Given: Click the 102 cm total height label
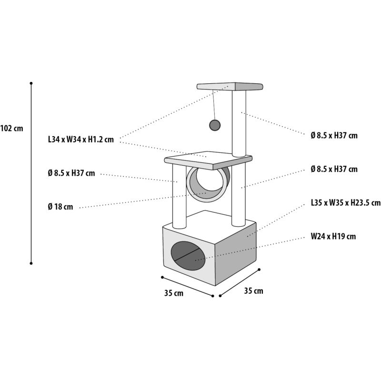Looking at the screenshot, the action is tap(11, 128).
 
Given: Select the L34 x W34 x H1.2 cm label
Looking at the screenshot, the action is tap(81, 139).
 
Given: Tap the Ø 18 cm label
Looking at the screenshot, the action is tap(60, 207).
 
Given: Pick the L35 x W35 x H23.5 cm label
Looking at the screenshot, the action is tap(346, 202).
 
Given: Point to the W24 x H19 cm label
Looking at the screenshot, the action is tap(333, 236).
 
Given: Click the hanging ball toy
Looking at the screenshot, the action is tap(215, 125).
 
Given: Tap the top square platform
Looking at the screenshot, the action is tap(230, 87).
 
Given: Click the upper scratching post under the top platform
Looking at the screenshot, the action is tap(239, 123).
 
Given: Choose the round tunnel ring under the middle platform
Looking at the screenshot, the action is tap(208, 184).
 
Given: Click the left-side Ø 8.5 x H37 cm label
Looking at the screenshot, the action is tap(71, 173).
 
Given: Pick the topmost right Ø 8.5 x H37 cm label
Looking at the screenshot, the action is tap(334, 135).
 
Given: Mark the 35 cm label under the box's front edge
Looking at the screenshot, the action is tap(174, 293).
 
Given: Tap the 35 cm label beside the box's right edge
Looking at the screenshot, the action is tap(253, 291).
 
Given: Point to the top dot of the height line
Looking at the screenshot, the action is tap(31, 83).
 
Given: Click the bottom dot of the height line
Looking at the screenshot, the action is tap(31, 263).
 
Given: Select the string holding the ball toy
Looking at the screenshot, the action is tap(213, 105).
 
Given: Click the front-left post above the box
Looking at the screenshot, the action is tap(180, 196).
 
